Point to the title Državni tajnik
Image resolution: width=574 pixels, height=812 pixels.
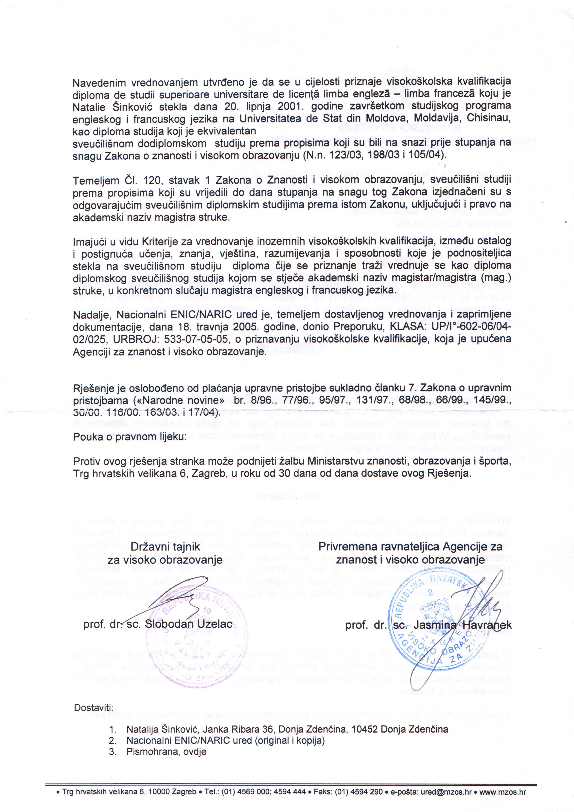point(165,547)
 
